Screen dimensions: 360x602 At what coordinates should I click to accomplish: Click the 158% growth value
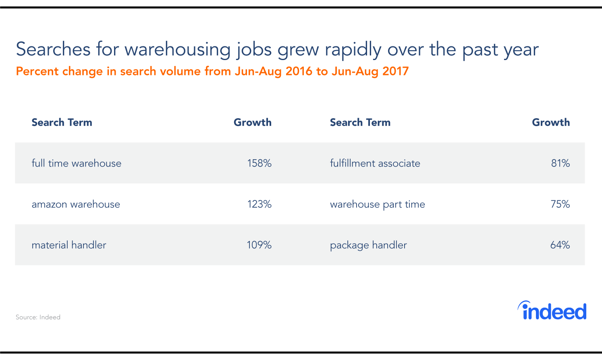pyautogui.click(x=259, y=163)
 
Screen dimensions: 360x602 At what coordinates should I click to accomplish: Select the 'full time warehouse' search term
pyautogui.click(x=76, y=163)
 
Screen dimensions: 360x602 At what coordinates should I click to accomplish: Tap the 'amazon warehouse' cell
pyautogui.click(x=76, y=204)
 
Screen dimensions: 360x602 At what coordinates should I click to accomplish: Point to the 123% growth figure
pyautogui.click(x=259, y=204)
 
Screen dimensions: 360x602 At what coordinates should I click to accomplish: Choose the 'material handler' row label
pyautogui.click(x=69, y=245)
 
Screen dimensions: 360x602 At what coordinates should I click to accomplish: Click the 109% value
pyautogui.click(x=259, y=245)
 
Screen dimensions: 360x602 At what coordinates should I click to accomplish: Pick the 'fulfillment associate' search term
pyautogui.click(x=375, y=163)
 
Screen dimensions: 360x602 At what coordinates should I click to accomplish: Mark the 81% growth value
pyautogui.click(x=560, y=163)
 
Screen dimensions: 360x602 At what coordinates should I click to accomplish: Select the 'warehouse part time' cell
pyautogui.click(x=377, y=204)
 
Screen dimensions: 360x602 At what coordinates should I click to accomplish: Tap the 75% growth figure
pyautogui.click(x=560, y=204)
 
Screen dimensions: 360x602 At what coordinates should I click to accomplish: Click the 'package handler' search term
pyautogui.click(x=368, y=245)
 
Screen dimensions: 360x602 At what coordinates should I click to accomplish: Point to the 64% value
pyautogui.click(x=560, y=245)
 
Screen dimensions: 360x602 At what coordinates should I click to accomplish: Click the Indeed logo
pyautogui.click(x=552, y=311)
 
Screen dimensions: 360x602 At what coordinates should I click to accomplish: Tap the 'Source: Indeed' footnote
pyautogui.click(x=38, y=317)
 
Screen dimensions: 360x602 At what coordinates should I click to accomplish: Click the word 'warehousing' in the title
pyautogui.click(x=177, y=50)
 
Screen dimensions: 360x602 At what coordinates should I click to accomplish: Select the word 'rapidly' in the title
pyautogui.click(x=353, y=50)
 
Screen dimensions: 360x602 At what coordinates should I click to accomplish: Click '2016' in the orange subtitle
pyautogui.click(x=299, y=71)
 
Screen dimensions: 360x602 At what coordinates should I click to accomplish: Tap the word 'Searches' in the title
pyautogui.click(x=53, y=50)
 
